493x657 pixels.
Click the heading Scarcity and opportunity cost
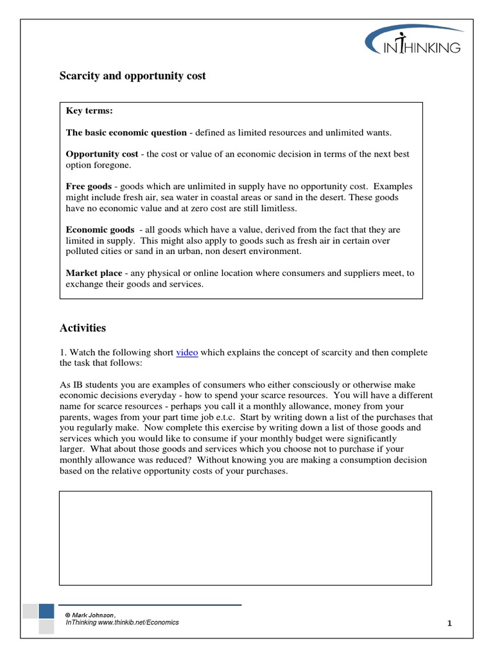133,76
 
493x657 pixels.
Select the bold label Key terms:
89,111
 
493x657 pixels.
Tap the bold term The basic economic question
126,132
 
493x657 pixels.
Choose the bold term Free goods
89,186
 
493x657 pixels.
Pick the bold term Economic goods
100,230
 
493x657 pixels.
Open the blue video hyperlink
187,352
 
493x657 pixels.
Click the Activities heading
83,328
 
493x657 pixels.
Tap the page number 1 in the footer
450,623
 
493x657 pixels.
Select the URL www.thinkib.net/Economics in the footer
139,622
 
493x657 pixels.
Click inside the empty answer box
245,538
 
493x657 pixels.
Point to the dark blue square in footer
46,611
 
